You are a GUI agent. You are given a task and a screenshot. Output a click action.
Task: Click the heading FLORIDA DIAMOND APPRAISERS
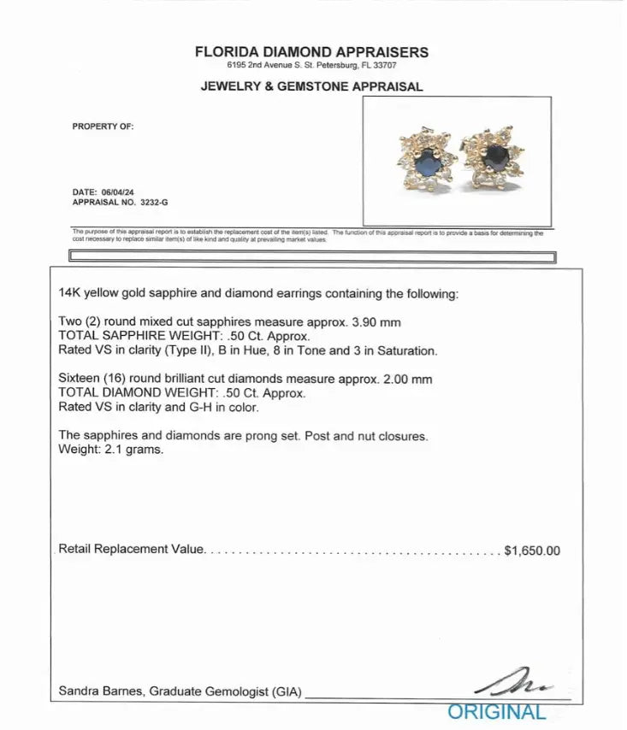pos(311,51)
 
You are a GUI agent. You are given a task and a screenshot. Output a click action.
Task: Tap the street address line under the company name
pos(311,65)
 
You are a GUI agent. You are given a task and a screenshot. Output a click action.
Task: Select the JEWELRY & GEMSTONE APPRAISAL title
pos(311,86)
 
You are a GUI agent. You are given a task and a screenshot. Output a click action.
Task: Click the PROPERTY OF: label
pos(104,127)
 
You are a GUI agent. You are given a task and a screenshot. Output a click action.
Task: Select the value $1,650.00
pos(533,550)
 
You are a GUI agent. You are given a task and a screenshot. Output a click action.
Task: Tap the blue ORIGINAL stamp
pos(496,711)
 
